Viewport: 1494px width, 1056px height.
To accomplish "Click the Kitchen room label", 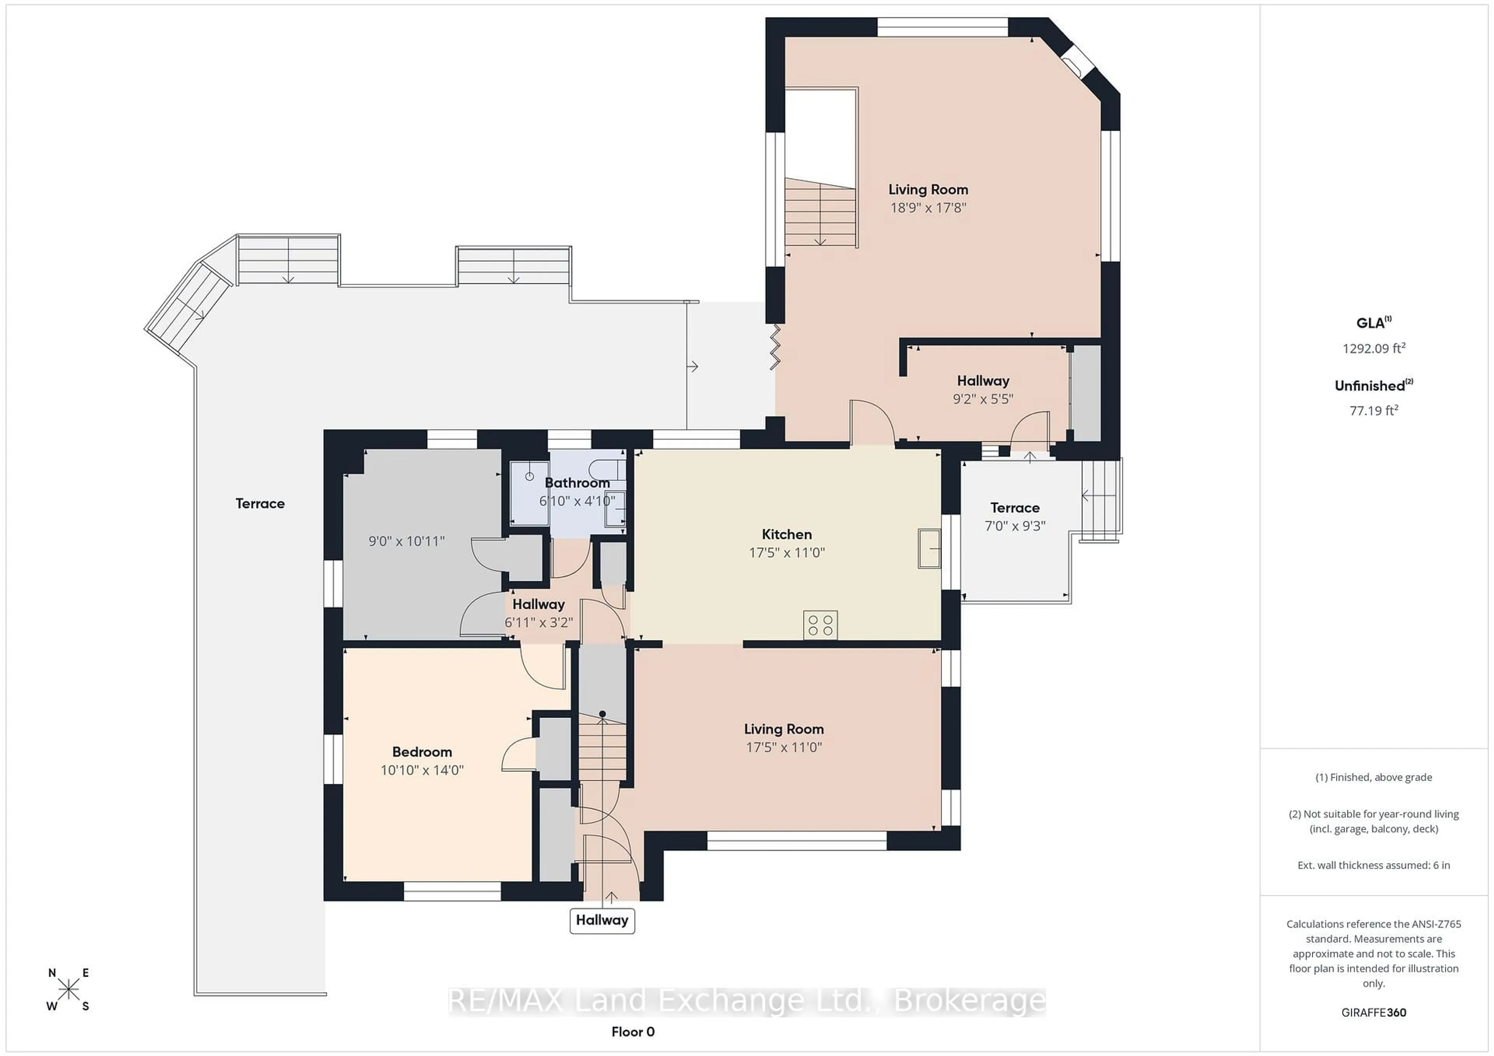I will pyautogui.click(x=787, y=535).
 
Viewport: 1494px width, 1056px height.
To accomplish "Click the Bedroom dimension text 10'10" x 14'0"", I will pyautogui.click(x=422, y=770).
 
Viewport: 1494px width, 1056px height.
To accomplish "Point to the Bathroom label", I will pyautogui.click(x=577, y=483).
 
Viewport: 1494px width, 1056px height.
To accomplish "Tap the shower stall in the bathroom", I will pyautogui.click(x=529, y=492).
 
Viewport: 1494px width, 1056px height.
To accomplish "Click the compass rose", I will pyautogui.click(x=68, y=990).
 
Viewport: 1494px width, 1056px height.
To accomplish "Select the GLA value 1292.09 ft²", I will pyautogui.click(x=1374, y=348).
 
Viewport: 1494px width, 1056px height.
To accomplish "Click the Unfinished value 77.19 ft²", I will pyautogui.click(x=1374, y=410).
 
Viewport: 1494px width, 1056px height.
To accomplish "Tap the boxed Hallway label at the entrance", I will pyautogui.click(x=602, y=920).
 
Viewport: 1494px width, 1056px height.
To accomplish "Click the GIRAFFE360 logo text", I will pyautogui.click(x=1374, y=1012).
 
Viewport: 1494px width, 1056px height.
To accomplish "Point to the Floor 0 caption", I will pyautogui.click(x=633, y=1032).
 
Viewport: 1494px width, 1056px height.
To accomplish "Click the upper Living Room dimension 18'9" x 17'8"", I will pyautogui.click(x=928, y=208).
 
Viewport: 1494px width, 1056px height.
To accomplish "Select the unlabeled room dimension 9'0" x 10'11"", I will pyautogui.click(x=406, y=541).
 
